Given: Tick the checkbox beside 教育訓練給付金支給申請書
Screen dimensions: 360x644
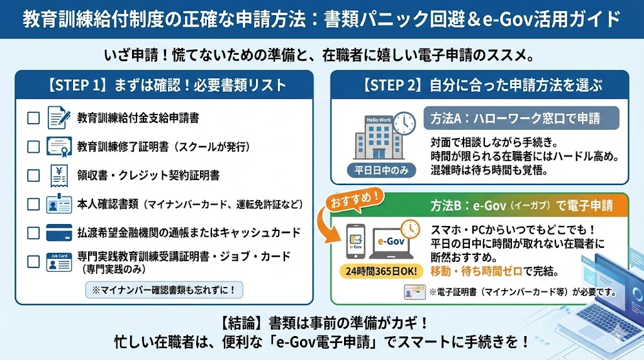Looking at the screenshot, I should tap(33, 118).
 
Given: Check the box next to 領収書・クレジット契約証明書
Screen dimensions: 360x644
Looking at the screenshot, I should tap(33, 176).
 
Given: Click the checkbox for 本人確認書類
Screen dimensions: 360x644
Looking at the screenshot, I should tap(33, 205).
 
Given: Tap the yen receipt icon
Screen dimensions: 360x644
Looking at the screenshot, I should tap(59, 176).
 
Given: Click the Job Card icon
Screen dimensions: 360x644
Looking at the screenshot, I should tap(59, 262).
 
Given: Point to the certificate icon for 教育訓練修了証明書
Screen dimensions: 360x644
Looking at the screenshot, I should tap(59, 147).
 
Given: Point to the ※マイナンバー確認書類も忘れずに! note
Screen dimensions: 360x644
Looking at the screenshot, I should tap(164, 290).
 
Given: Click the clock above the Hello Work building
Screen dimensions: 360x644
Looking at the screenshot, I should tap(405, 122).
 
